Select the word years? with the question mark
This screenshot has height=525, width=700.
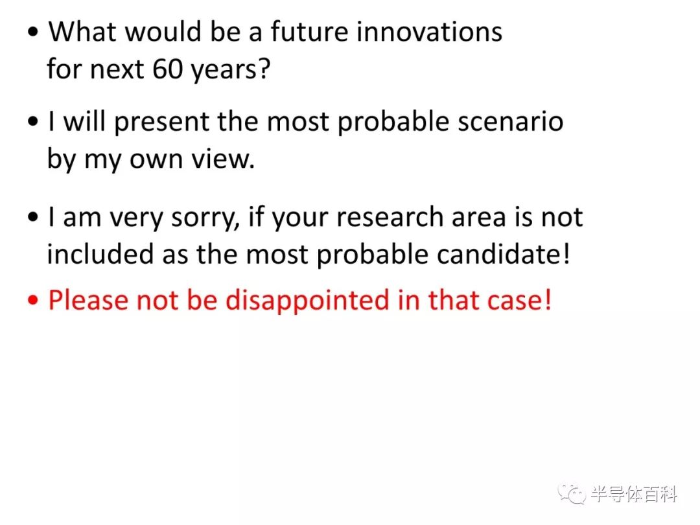click(231, 71)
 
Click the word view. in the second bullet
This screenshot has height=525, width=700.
click(223, 159)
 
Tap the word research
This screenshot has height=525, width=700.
click(390, 217)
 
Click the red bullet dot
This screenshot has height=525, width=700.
click(33, 300)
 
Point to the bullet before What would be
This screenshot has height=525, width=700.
click(33, 32)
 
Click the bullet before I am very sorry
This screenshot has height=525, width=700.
click(33, 217)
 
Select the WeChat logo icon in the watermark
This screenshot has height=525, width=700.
click(572, 493)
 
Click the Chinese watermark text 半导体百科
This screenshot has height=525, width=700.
click(634, 494)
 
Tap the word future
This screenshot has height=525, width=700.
click(309, 32)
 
